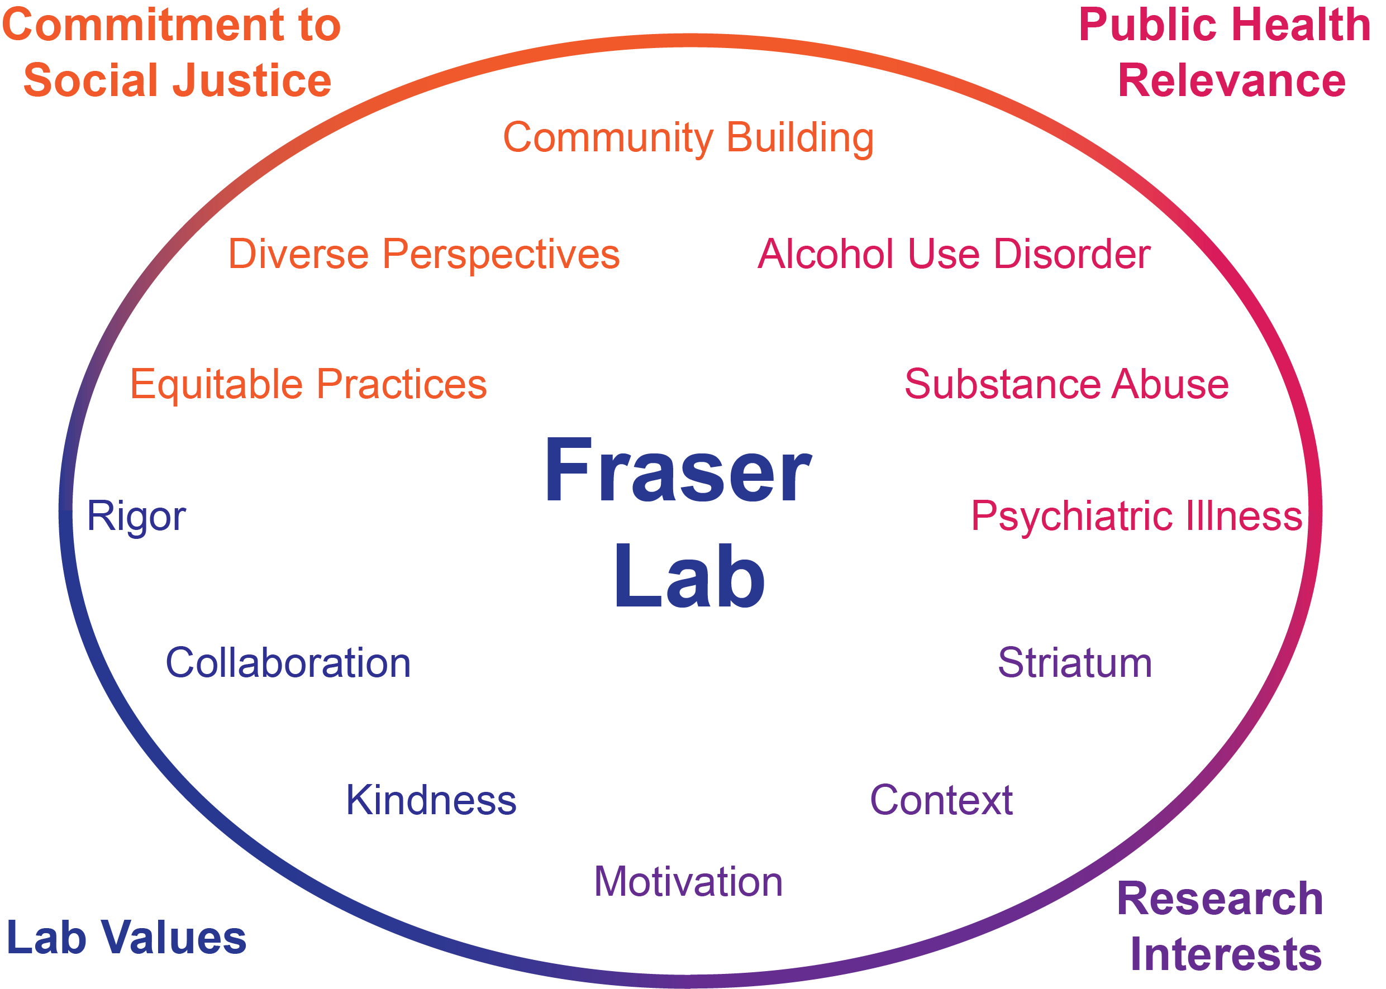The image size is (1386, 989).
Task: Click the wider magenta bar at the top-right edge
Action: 1231,31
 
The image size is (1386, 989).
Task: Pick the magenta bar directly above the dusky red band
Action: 975,254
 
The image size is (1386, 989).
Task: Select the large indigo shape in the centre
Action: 426,670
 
